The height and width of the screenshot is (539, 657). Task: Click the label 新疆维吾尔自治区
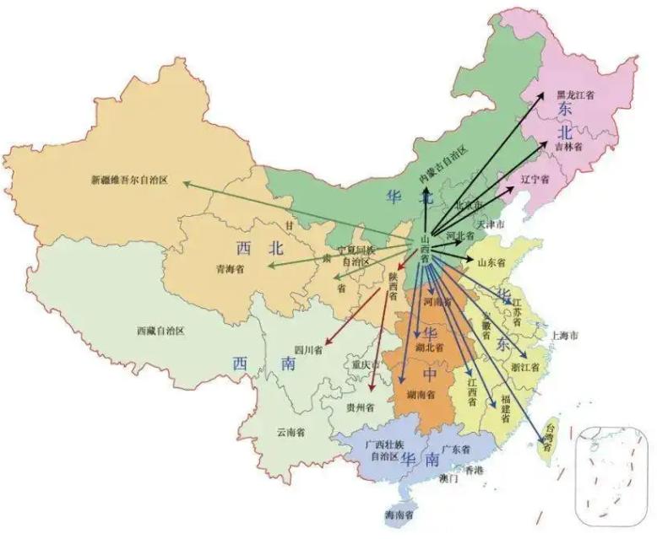[130, 180]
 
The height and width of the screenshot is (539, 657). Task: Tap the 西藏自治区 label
[160, 331]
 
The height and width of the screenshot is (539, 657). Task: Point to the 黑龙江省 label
[575, 95]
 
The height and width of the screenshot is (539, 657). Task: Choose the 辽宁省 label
[535, 180]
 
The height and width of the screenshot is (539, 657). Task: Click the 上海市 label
[564, 335]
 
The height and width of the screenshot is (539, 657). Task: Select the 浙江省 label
[525, 367]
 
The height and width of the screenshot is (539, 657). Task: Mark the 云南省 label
[290, 432]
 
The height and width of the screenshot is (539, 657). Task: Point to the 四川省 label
[307, 350]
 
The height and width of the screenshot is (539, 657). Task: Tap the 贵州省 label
[361, 407]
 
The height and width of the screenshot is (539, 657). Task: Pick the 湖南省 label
[421, 395]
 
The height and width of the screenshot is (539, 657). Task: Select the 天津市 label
[490, 225]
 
